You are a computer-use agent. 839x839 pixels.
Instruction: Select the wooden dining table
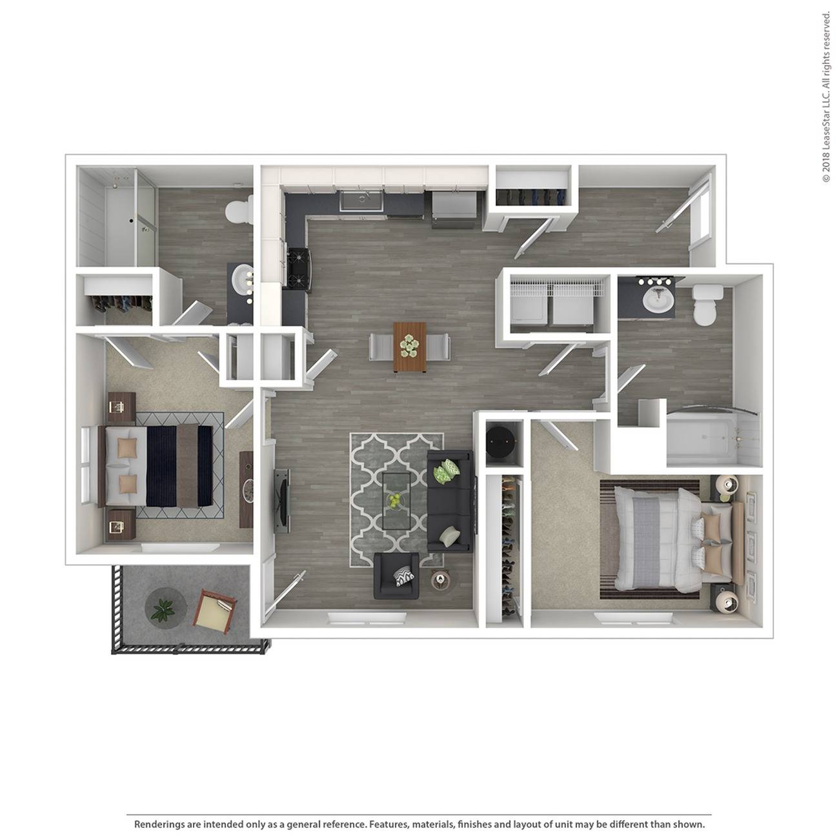(x=409, y=347)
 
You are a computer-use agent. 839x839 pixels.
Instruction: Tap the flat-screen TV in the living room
(x=281, y=501)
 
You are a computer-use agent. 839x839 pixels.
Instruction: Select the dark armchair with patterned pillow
(x=396, y=576)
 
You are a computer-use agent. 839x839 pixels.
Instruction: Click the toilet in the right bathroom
(x=706, y=303)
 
